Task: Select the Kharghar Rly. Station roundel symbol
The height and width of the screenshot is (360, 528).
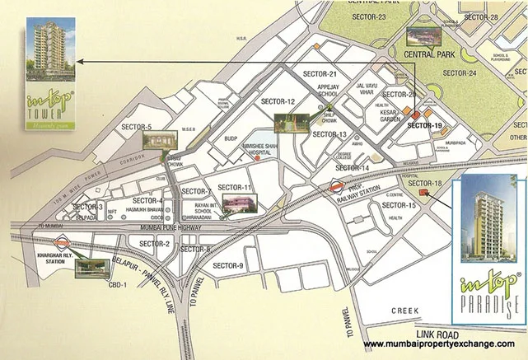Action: [x=63, y=243]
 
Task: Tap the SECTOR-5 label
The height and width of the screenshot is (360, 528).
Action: [x=138, y=128]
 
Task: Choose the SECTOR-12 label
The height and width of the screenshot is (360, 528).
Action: [x=278, y=101]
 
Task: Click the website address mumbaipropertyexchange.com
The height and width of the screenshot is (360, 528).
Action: [x=439, y=344]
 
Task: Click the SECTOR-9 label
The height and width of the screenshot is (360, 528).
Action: [x=228, y=265]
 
